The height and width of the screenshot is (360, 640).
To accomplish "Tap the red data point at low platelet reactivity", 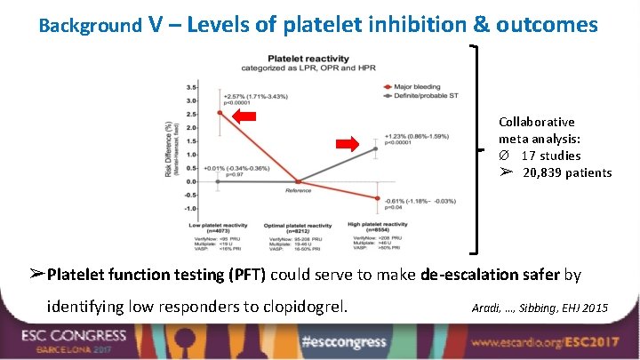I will coord(220,113).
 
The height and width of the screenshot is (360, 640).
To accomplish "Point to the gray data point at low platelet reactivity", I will coord(220,180).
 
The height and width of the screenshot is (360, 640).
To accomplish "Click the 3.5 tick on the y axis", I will coord(191,87).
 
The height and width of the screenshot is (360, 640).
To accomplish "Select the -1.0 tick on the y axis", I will coord(190,208).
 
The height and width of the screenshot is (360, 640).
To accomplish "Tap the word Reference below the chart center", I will coord(298,190).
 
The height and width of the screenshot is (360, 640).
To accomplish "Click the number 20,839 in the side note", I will coord(543,172).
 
